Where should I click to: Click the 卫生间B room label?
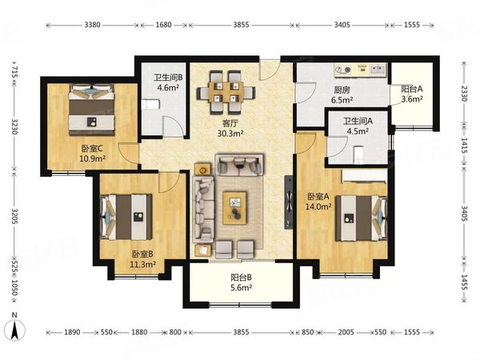tap(168, 78)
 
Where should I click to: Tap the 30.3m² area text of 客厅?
tap(230, 134)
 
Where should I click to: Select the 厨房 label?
tap(342, 90)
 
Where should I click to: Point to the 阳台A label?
tap(412, 89)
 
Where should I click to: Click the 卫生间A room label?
tap(358, 121)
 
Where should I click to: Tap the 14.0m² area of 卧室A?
tap(318, 206)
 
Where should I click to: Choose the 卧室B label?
tap(142, 254)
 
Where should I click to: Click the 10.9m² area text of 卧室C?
tap(93, 158)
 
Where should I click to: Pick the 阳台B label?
tap(242, 278)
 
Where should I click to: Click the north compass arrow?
tap(14, 330)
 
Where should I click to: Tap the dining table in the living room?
tap(226, 92)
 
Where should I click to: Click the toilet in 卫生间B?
tap(150, 105)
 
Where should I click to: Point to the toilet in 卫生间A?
tap(358, 155)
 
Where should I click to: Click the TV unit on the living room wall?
tap(288, 202)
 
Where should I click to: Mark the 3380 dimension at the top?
tap(92, 25)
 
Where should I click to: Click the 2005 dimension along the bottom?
tap(346, 332)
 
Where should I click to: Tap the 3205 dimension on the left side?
tap(14, 216)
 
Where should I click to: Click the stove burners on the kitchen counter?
tap(343, 70)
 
